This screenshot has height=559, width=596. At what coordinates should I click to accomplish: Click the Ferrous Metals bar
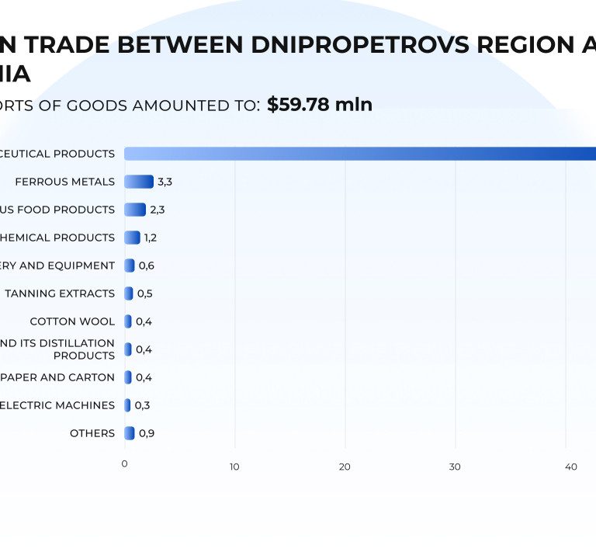tap(139, 182)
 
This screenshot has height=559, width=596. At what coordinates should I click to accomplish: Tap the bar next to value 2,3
tap(135, 210)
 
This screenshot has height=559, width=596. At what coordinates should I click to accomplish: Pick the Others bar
tap(130, 433)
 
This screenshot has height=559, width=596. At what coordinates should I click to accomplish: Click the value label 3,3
tap(165, 182)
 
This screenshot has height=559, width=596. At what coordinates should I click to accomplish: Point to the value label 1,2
tap(150, 238)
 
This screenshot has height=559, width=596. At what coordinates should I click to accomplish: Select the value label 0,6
tap(146, 266)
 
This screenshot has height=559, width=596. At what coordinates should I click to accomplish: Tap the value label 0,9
tap(146, 433)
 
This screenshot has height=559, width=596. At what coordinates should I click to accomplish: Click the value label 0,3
tap(142, 405)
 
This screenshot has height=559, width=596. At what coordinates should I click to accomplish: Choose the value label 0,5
tap(144, 293)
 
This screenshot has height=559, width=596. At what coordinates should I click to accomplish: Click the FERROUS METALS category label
tap(64, 182)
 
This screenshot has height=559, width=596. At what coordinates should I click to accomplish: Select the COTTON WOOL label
tap(72, 321)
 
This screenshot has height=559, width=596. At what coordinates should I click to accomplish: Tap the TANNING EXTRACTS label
tap(60, 293)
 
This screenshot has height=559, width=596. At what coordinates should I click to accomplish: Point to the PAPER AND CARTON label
tap(57, 377)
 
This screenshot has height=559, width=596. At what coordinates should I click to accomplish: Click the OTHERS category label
tap(92, 433)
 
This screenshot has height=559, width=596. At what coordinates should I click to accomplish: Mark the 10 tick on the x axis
tap(234, 467)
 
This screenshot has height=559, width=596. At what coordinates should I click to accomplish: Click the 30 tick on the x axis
tap(455, 467)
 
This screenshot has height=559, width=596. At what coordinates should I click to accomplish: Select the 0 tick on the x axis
tap(124, 464)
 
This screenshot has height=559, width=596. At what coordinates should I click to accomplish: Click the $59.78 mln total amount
tap(320, 105)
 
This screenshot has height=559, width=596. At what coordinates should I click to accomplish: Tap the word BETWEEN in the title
tap(182, 45)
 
